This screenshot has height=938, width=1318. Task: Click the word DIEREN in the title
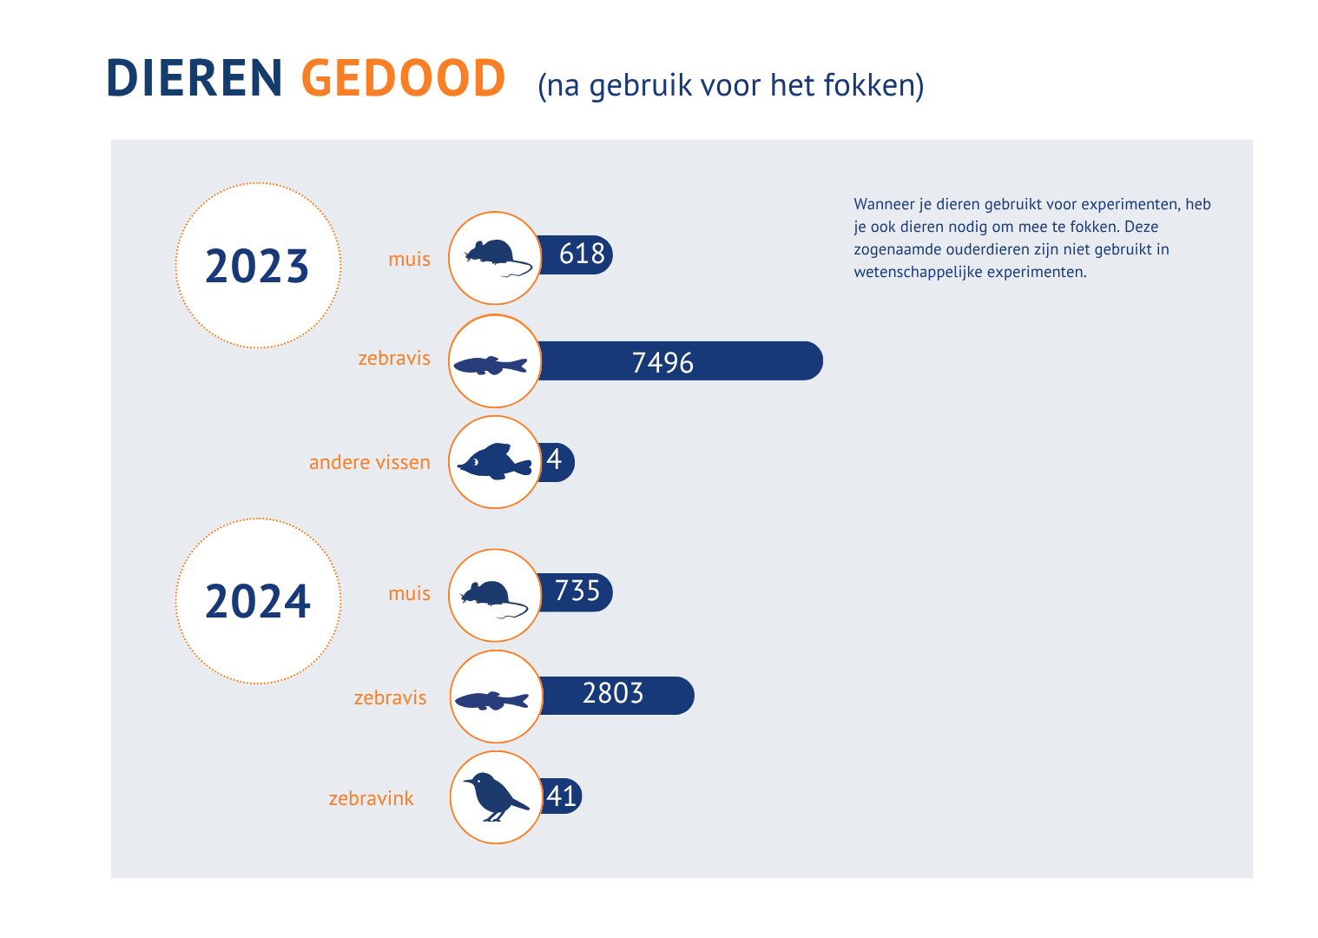(x=194, y=78)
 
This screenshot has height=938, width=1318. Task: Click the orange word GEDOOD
(x=403, y=78)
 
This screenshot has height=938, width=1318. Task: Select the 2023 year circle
(x=258, y=265)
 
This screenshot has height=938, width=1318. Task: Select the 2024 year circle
(x=258, y=601)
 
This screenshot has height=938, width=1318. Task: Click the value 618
(x=582, y=254)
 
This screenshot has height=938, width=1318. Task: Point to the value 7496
(x=662, y=361)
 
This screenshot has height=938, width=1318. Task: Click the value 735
(x=577, y=591)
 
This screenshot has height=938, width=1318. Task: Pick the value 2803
(x=613, y=694)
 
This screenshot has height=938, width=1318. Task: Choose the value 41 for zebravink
(x=562, y=796)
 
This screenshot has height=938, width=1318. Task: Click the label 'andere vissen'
(x=369, y=462)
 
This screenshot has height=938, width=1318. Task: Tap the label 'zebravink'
(x=371, y=798)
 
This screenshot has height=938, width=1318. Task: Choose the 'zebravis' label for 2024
(x=390, y=697)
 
